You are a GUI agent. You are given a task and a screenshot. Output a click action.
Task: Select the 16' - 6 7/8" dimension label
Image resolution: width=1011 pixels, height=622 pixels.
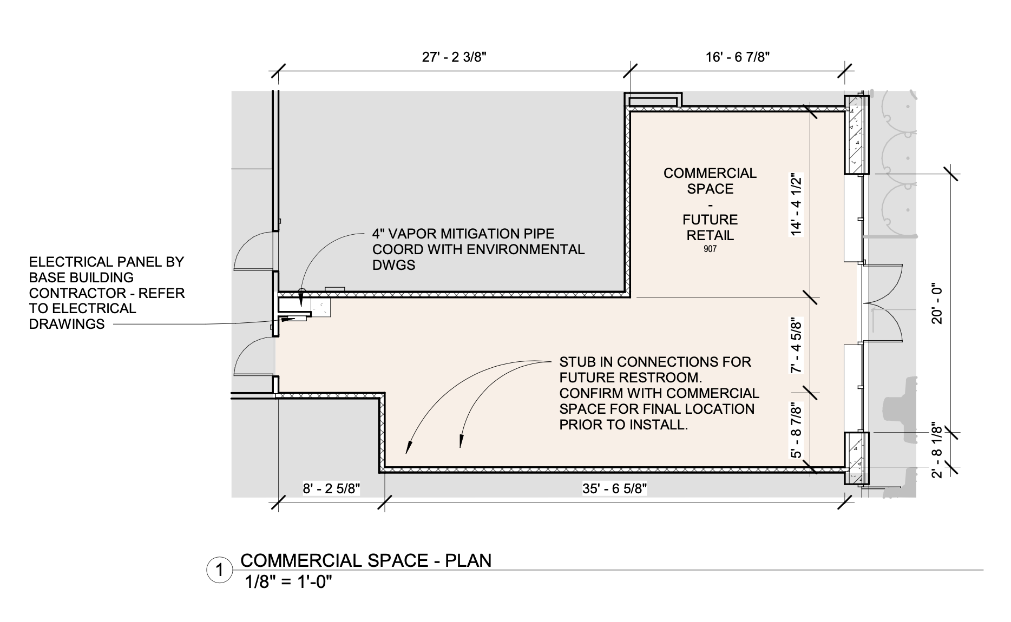[738, 57]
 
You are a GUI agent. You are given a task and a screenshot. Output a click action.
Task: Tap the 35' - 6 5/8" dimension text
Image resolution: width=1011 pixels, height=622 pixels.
[615, 489]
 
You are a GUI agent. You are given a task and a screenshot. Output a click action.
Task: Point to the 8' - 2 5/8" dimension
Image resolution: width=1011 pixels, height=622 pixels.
[331, 489]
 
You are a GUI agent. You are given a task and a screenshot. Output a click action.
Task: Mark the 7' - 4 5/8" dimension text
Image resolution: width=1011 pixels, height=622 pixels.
[796, 345]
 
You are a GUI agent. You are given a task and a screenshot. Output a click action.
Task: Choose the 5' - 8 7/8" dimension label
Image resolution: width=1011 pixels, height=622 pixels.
[796, 430]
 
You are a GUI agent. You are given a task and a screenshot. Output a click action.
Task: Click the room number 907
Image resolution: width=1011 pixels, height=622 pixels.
[710, 249]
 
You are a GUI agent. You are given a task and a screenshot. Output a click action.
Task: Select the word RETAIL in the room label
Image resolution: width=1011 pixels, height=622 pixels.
[710, 235]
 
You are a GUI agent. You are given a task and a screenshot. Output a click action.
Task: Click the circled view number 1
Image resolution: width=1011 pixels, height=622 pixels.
[220, 571]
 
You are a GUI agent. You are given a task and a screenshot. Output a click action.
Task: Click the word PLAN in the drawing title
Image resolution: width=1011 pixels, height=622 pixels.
[468, 560]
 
